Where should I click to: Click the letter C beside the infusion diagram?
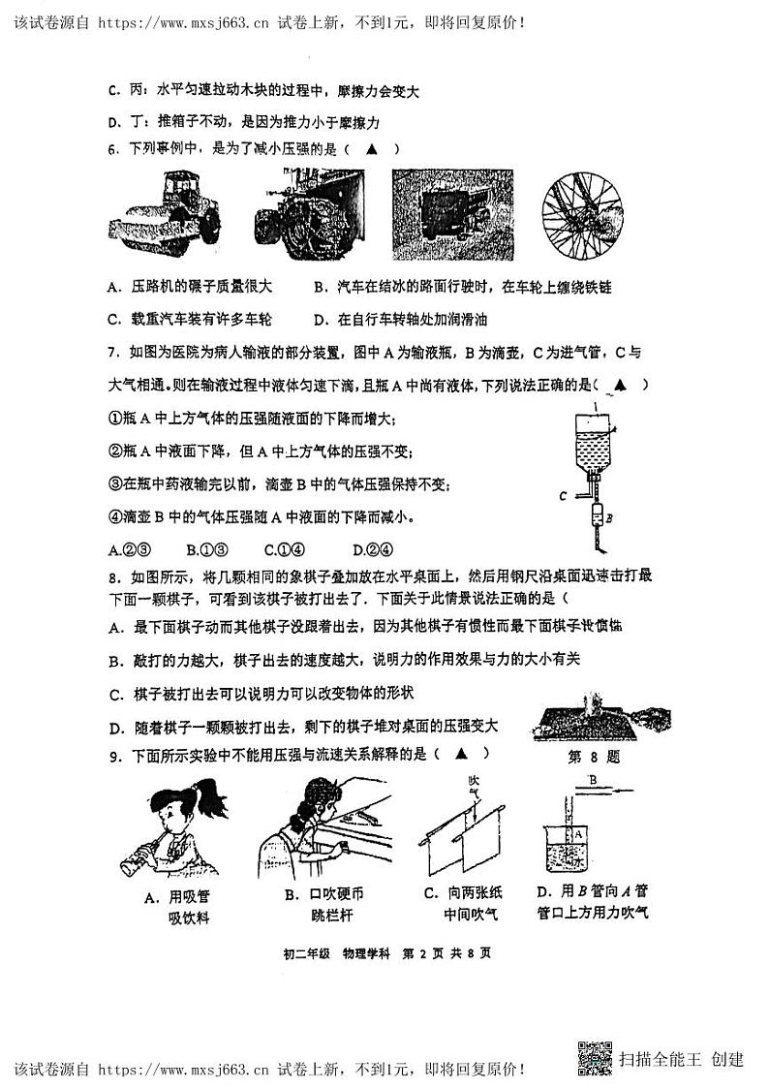563,494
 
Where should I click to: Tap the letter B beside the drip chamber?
608,518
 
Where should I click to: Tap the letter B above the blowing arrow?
591,777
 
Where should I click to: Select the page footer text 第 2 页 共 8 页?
448,952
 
